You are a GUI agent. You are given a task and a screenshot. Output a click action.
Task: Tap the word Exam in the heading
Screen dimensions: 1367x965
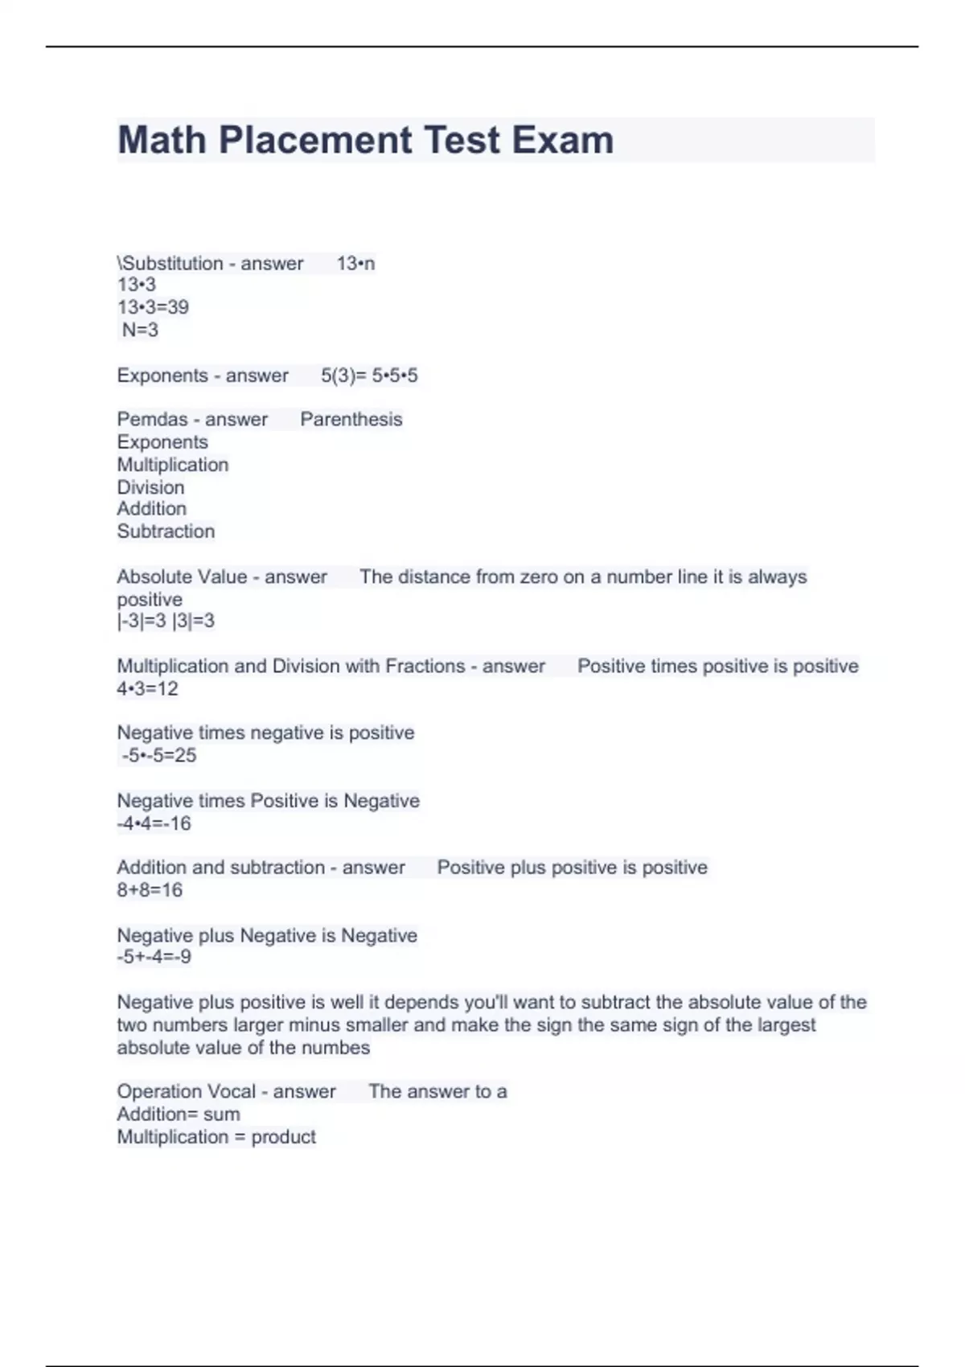point(562,140)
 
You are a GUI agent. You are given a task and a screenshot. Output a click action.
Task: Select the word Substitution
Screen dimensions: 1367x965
point(172,264)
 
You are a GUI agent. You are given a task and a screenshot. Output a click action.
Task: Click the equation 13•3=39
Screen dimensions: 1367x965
point(153,307)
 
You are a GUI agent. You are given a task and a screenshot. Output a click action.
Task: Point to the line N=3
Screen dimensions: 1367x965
point(140,330)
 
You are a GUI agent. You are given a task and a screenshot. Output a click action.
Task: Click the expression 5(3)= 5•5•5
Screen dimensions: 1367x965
point(369,376)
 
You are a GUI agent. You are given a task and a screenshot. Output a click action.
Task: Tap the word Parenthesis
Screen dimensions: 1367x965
point(351,420)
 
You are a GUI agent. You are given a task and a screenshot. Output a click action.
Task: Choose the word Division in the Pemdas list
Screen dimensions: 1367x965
point(150,487)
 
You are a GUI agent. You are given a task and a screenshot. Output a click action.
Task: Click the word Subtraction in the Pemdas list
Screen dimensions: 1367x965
point(166,532)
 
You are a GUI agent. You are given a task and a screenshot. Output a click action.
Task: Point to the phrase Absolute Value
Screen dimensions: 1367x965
point(182,577)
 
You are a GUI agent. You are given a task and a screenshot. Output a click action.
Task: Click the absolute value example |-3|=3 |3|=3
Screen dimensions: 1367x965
point(166,621)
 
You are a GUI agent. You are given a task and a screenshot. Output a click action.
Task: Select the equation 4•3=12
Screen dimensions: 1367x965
point(147,689)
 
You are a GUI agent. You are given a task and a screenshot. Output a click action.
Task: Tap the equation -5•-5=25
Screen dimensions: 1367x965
point(158,755)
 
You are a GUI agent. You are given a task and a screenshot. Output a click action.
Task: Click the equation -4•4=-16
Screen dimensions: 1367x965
point(154,823)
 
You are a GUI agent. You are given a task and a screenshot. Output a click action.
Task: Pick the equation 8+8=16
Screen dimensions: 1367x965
point(150,890)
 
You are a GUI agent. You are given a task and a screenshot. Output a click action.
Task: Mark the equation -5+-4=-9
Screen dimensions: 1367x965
point(154,957)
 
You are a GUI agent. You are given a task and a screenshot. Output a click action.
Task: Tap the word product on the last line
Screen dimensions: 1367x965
point(283,1137)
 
